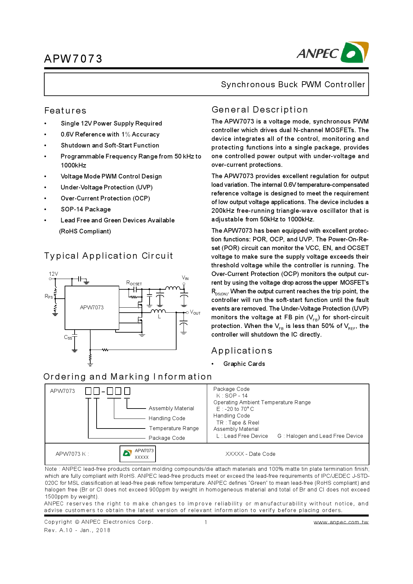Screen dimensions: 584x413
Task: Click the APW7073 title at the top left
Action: pyautogui.click(x=73, y=59)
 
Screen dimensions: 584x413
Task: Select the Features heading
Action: pyautogui.click(x=65, y=111)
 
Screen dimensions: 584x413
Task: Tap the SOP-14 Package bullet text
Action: pyautogui.click(x=86, y=209)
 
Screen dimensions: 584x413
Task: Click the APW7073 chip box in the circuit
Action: pyautogui.click(x=92, y=307)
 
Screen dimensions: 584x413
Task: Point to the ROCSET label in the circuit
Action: pyautogui.click(x=134, y=283)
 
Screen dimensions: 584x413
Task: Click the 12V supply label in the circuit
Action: pyautogui.click(x=53, y=274)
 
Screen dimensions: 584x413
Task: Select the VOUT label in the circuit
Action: pyautogui.click(x=195, y=313)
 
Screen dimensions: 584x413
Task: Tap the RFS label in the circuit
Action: pyautogui.click(x=49, y=296)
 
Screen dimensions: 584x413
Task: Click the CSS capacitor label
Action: pyautogui.click(x=68, y=337)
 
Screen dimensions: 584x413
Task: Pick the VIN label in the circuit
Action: pyautogui.click(x=185, y=278)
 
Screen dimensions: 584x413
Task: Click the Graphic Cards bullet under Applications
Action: pyautogui.click(x=244, y=364)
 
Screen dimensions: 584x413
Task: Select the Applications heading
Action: pyautogui.click(x=242, y=351)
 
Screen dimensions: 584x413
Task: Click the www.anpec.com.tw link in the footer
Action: pyautogui.click(x=341, y=522)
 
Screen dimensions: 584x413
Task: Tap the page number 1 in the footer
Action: pyautogui.click(x=206, y=522)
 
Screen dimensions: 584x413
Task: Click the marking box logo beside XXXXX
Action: pyautogui.click(x=128, y=453)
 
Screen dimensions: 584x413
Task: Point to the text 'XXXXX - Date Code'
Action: pyautogui.click(x=250, y=454)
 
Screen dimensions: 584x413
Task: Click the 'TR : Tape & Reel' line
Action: pyautogui.click(x=237, y=423)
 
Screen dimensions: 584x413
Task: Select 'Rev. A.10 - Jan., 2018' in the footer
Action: pyautogui.click(x=77, y=530)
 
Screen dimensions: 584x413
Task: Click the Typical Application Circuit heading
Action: pyautogui.click(x=109, y=256)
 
